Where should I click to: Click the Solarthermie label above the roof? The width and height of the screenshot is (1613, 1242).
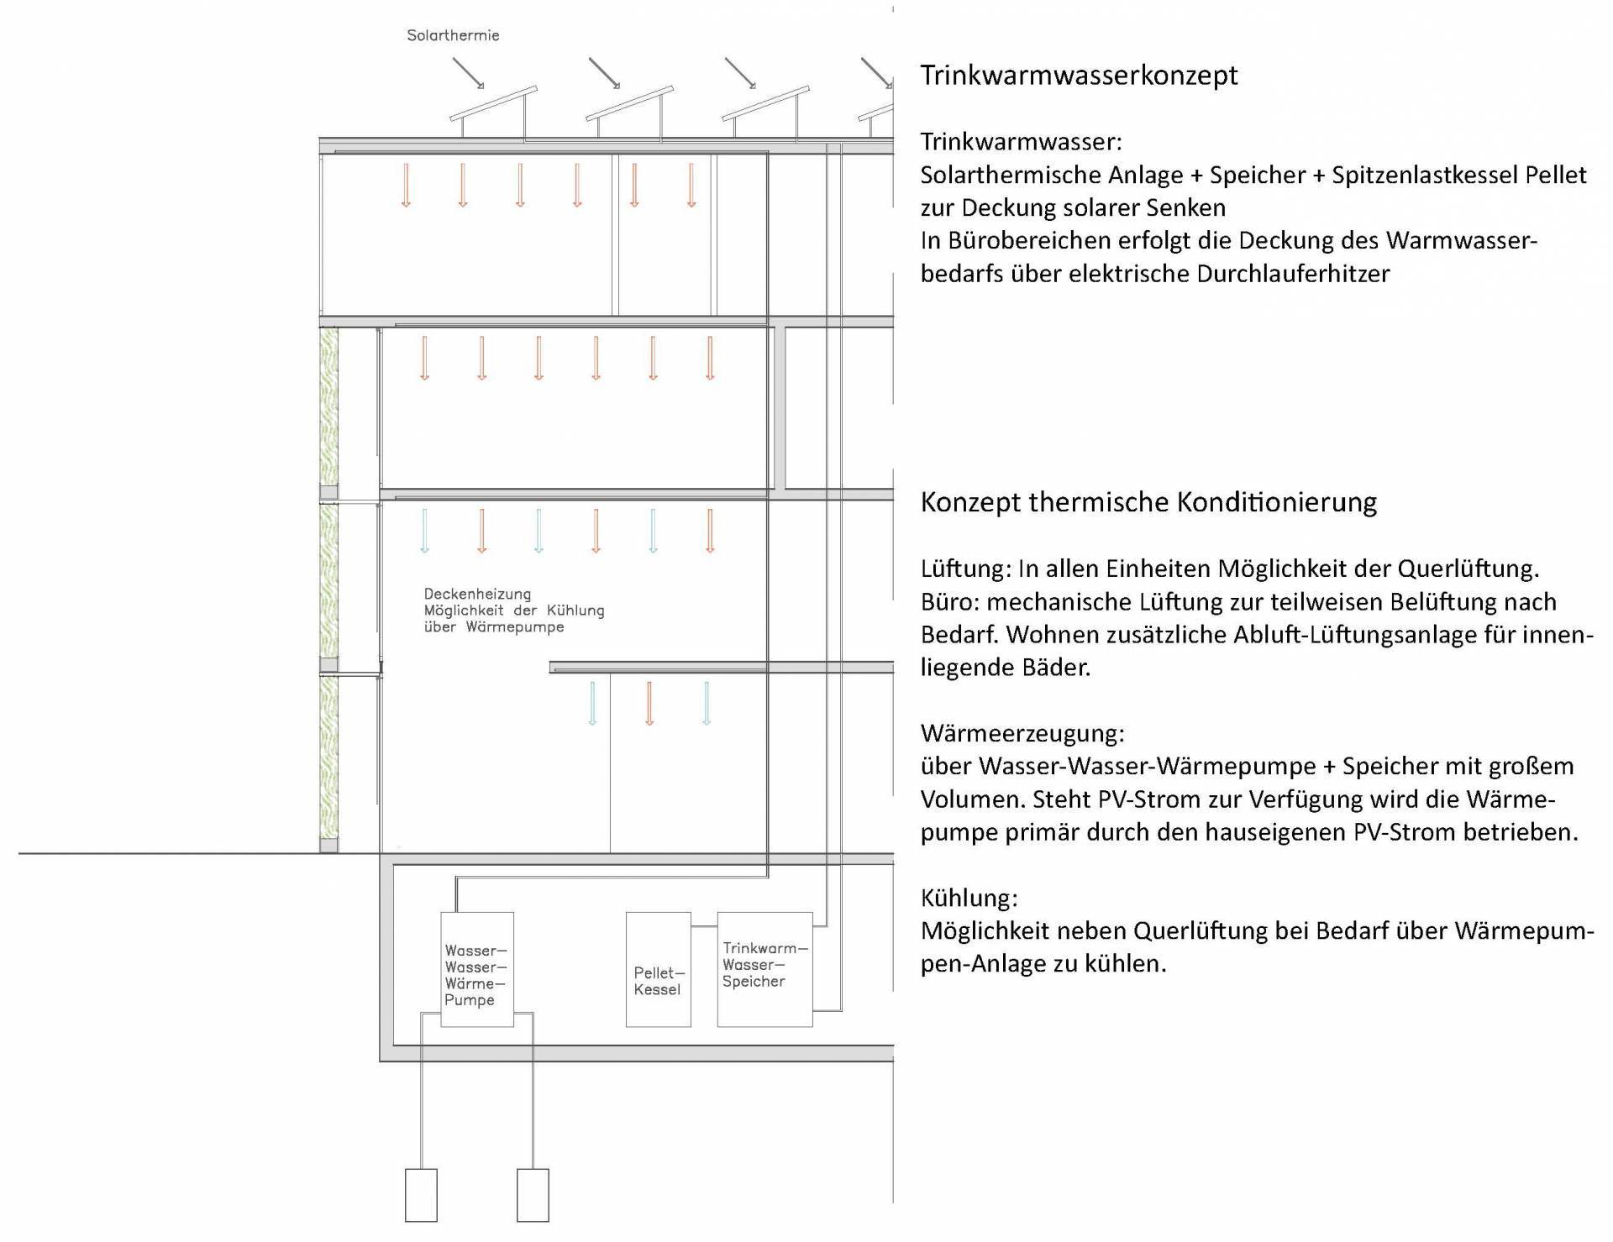(453, 35)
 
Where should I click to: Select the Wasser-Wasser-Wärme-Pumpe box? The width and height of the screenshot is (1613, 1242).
(476, 969)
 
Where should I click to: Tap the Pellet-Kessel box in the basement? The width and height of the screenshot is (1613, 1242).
(659, 970)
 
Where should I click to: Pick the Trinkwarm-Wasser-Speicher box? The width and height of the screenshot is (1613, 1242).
(764, 969)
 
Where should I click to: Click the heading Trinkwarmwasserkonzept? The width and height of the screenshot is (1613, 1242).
(1079, 75)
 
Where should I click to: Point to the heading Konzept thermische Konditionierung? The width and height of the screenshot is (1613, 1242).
(1148, 502)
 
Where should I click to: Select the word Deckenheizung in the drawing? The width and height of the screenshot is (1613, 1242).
(477, 595)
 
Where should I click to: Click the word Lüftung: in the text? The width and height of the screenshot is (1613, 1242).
(966, 569)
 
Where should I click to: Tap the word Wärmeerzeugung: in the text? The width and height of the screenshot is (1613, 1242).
(1022, 733)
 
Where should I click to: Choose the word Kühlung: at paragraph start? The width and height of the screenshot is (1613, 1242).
(969, 898)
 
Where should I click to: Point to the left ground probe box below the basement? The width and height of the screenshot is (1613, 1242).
(421, 1194)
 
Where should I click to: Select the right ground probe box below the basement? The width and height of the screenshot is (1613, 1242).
(533, 1194)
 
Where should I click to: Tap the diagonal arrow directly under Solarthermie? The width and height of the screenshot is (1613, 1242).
(469, 73)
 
